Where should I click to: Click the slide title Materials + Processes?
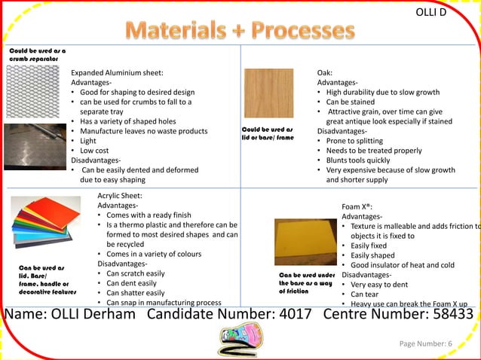(x=240, y=30)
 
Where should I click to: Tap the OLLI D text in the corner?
(x=436, y=13)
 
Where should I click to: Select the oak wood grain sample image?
(x=268, y=93)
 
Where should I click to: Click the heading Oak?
(x=325, y=72)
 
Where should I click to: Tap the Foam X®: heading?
(x=357, y=206)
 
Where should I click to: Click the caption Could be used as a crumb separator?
(x=35, y=54)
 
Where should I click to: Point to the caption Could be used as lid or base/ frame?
(x=268, y=134)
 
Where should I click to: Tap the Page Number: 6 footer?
(x=425, y=344)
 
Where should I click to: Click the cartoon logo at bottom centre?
(x=240, y=341)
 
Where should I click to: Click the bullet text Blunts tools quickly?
(x=357, y=160)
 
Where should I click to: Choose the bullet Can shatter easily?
(x=135, y=293)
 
